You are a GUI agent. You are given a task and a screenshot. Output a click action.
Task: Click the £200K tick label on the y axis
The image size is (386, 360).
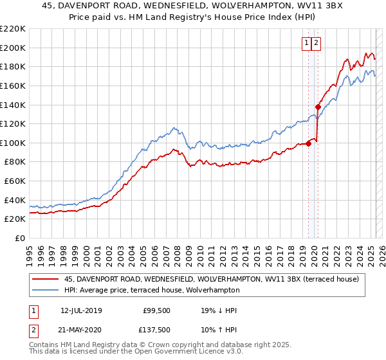(13, 48)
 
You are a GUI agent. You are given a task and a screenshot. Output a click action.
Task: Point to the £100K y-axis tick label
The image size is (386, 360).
(13, 143)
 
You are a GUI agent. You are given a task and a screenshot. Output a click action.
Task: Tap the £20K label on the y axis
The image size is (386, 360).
(15, 219)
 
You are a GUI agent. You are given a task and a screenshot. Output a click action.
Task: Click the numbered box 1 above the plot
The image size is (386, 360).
(307, 43)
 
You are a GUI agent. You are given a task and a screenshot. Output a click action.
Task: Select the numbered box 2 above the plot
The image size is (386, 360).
(317, 43)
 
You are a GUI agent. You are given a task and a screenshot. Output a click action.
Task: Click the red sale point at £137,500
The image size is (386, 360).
(318, 107)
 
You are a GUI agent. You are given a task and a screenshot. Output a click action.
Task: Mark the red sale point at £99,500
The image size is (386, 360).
(309, 143)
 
